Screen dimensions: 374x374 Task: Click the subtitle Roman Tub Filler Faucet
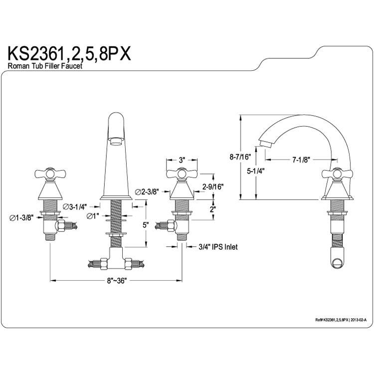point(45,66)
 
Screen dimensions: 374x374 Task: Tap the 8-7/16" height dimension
point(240,157)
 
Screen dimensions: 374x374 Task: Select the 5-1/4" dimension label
point(256,171)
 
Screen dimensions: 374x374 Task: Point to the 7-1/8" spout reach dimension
point(301,160)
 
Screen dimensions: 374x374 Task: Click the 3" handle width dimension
point(182,160)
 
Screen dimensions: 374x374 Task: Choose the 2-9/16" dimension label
point(213,187)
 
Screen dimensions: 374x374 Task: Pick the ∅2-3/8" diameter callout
point(147,191)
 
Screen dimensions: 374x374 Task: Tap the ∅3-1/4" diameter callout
point(75,206)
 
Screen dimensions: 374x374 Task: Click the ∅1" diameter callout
point(93,216)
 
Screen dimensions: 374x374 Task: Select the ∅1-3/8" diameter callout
point(21,217)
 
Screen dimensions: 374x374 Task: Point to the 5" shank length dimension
point(146,225)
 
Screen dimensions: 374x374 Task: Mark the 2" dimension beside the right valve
point(213,209)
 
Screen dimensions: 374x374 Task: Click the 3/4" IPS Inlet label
point(218,247)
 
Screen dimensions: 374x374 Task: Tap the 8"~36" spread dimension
point(116,281)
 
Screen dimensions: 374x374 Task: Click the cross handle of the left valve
point(50,174)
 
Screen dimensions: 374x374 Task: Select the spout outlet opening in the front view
point(116,141)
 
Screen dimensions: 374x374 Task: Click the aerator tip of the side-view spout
point(266,144)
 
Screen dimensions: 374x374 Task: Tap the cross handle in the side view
point(337,174)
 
